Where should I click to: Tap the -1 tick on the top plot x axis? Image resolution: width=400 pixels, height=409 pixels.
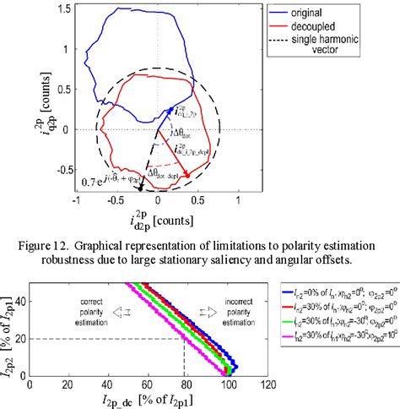click(76, 201)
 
